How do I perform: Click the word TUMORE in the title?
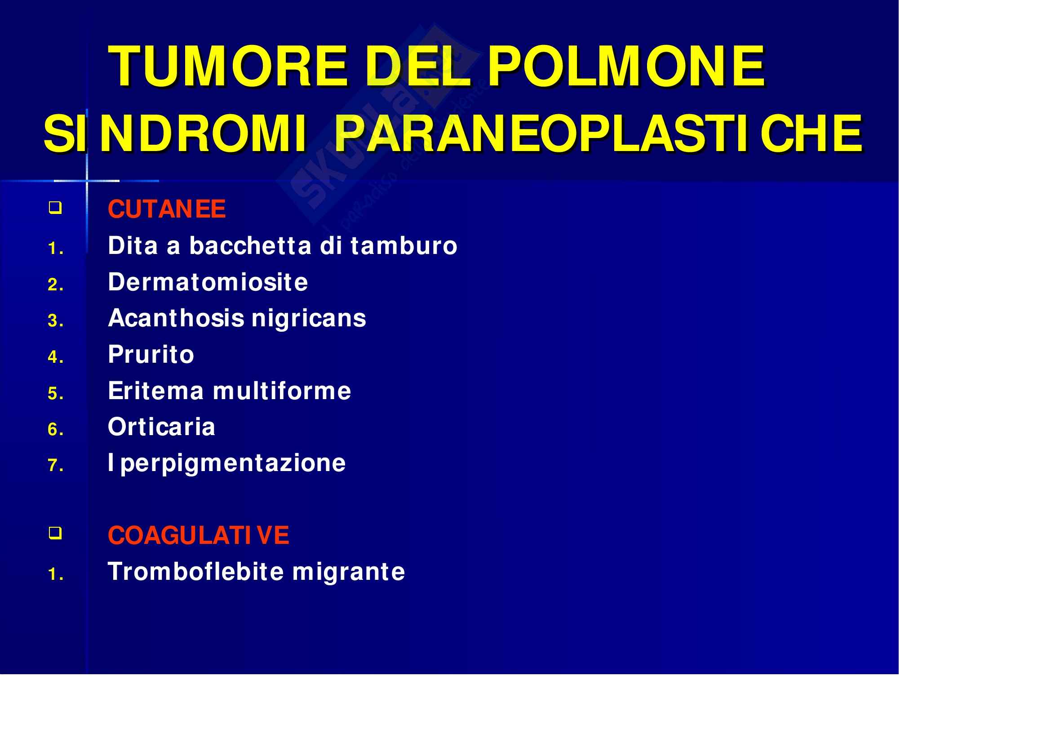pyautogui.click(x=227, y=67)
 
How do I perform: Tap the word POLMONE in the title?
pyautogui.click(x=626, y=67)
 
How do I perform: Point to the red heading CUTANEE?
pyautogui.click(x=167, y=209)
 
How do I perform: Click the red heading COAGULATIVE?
pyautogui.click(x=198, y=535)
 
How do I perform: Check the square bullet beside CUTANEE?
pyautogui.click(x=55, y=208)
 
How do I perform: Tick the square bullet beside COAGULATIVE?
pyautogui.click(x=55, y=534)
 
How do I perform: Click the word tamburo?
pyautogui.click(x=404, y=245)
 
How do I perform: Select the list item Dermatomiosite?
pyautogui.click(x=208, y=281)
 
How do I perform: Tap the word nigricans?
pyautogui.click(x=309, y=319)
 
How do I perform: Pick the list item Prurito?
pyautogui.click(x=151, y=354)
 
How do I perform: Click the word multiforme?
pyautogui.click(x=282, y=391)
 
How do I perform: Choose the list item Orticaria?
pyautogui.click(x=162, y=427)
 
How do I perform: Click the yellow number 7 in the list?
pyautogui.click(x=55, y=466)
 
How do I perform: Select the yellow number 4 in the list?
pyautogui.click(x=55, y=357)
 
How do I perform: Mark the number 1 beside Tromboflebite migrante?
pyautogui.click(x=55, y=574)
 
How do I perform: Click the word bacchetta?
pyautogui.click(x=250, y=245)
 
